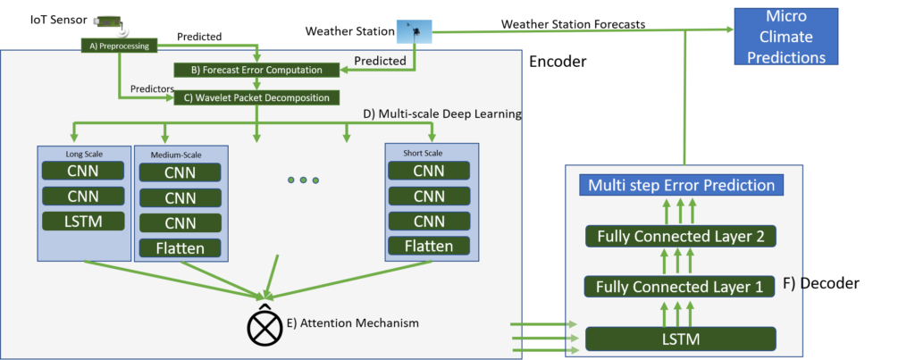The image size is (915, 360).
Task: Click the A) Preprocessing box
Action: click(119, 45)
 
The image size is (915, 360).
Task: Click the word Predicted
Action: click(381, 62)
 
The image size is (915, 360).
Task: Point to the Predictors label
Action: click(152, 88)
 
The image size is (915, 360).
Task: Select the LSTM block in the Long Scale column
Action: click(82, 221)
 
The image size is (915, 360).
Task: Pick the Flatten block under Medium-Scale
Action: click(180, 247)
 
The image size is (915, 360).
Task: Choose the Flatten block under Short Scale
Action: click(429, 245)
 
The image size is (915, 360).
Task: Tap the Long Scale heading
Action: click(82, 155)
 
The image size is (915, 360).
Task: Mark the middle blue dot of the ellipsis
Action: click(303, 180)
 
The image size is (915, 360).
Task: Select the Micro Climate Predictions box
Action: click(785, 38)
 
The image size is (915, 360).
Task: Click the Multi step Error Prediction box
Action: click(681, 186)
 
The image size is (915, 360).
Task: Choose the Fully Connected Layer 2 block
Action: click(681, 237)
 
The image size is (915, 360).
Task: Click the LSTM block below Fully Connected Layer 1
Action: click(681, 339)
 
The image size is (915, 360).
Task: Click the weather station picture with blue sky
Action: click(414, 32)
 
